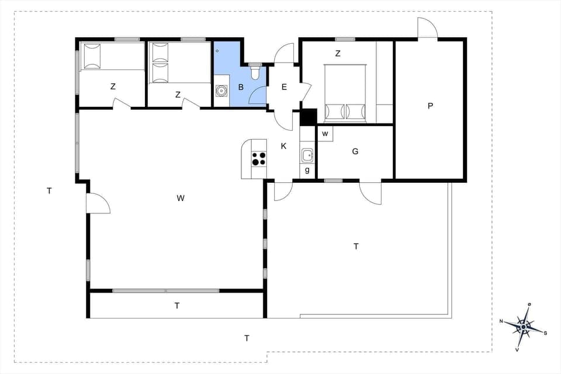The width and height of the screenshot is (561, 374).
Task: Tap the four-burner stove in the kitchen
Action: (x=259, y=158)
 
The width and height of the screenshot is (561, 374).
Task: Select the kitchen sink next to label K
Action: (x=307, y=155)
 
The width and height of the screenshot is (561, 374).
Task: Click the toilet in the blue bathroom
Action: (x=255, y=72)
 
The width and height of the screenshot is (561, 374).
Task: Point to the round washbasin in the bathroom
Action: (x=221, y=91)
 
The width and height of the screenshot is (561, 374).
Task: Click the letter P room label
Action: (x=430, y=106)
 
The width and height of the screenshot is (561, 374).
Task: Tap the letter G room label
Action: (x=355, y=151)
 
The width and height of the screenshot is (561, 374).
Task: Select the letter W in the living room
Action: (x=181, y=198)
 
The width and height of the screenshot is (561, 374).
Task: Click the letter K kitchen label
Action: (x=283, y=146)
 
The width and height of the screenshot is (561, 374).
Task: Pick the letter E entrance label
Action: (x=284, y=87)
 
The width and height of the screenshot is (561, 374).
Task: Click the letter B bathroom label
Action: (x=240, y=88)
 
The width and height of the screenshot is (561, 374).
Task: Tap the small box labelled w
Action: (x=325, y=133)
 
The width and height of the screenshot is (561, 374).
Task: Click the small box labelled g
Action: (x=307, y=171)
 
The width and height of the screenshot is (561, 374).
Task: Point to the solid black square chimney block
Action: (x=308, y=117)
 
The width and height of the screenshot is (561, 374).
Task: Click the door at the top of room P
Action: (x=427, y=29)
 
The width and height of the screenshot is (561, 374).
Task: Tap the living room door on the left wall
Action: (x=98, y=203)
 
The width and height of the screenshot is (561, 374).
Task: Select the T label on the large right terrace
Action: (x=356, y=247)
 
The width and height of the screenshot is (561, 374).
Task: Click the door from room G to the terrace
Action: (x=370, y=192)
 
